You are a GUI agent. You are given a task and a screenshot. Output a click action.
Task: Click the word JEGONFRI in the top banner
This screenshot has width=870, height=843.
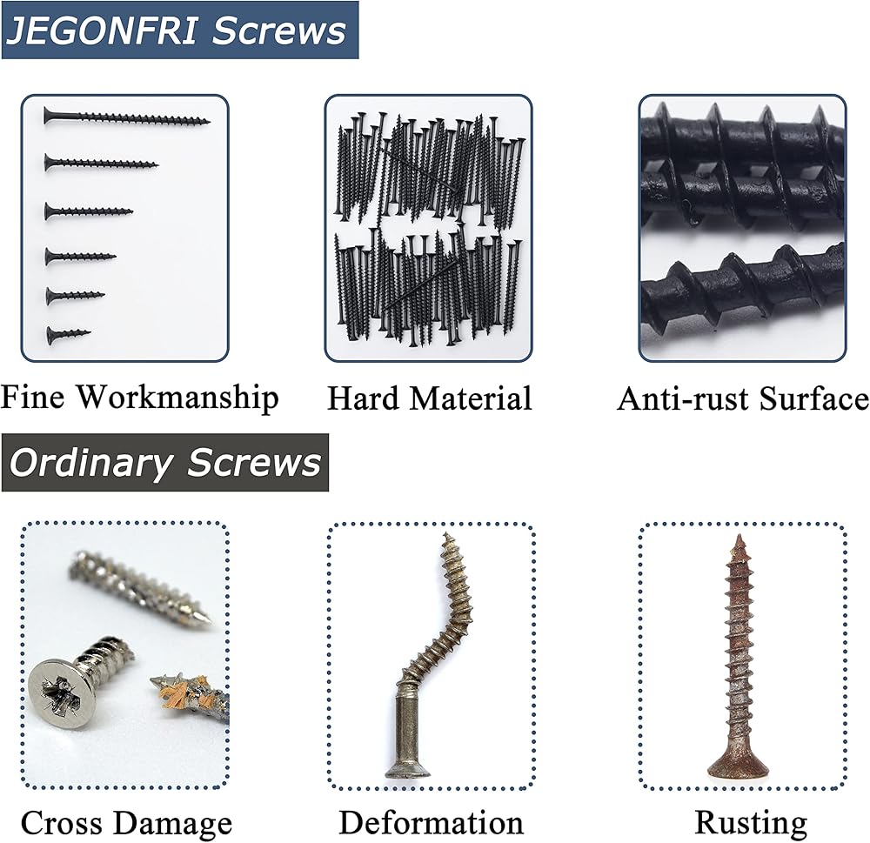[x=102, y=30]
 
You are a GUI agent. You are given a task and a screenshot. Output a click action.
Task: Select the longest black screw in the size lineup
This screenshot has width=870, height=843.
[x=127, y=117]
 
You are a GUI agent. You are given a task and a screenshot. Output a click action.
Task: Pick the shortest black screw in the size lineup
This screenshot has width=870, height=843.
[x=68, y=334]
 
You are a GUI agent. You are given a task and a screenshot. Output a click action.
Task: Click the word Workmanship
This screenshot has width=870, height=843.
[x=177, y=398]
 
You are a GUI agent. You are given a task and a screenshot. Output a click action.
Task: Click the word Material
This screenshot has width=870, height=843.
[x=472, y=398]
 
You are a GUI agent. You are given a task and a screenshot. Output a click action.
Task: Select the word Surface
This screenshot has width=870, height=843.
[x=814, y=399]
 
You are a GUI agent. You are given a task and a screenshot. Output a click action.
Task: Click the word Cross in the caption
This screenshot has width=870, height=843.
[x=64, y=822]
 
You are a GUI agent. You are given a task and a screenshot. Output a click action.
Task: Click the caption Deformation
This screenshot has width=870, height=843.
[x=432, y=822]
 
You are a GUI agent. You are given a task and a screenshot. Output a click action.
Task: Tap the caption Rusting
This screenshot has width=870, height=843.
[x=751, y=824]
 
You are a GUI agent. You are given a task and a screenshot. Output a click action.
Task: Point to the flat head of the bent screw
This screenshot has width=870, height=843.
[x=406, y=770]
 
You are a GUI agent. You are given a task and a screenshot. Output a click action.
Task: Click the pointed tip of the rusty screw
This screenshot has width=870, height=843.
[x=739, y=536]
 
